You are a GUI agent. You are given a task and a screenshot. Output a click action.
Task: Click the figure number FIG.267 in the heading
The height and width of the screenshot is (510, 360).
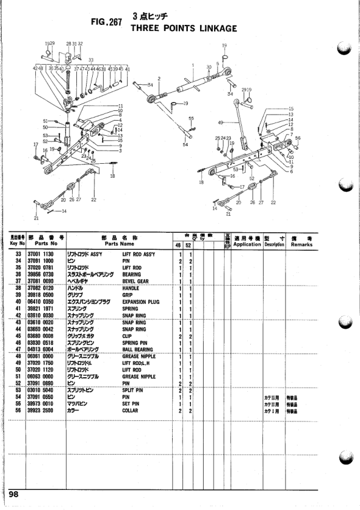tap(106, 22)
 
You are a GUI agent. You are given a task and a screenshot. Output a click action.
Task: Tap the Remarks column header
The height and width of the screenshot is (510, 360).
tap(301, 242)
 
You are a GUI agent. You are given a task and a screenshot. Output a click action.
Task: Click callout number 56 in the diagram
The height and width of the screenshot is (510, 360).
tap(298, 138)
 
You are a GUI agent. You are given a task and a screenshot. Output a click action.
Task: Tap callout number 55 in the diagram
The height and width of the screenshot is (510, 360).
tap(191, 118)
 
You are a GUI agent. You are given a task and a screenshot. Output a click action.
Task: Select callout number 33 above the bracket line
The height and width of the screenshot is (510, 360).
tap(91, 60)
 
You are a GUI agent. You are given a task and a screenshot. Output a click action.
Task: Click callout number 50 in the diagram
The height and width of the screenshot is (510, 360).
tap(45, 127)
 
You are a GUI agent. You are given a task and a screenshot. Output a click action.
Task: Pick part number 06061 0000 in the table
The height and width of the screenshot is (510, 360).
tap(41, 357)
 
